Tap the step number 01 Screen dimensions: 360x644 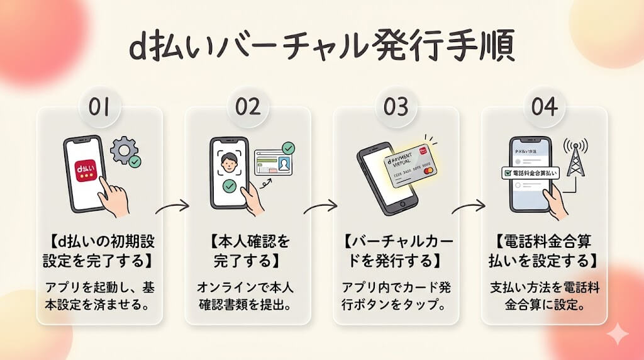coord(99,107)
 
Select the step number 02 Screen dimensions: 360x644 coord(247,107)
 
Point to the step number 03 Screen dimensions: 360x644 coord(396,107)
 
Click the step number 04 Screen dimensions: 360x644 coord(544,107)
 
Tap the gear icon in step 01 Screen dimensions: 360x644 coord(123,150)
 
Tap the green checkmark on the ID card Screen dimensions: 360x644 coord(289,149)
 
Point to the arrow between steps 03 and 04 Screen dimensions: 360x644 coord(469,206)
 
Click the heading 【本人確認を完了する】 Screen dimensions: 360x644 coord(247,249)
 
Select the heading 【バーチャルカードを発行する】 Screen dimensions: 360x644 coord(396,249)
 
